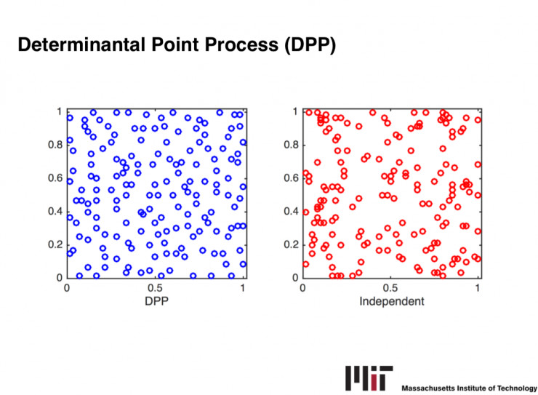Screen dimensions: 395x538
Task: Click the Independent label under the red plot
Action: click(x=391, y=300)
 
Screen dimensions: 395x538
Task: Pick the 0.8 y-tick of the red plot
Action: click(x=290, y=145)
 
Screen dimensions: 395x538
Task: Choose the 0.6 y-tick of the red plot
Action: click(x=290, y=178)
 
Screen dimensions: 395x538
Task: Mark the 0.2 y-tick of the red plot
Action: click(x=290, y=244)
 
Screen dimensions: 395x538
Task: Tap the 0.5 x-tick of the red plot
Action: click(x=391, y=287)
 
